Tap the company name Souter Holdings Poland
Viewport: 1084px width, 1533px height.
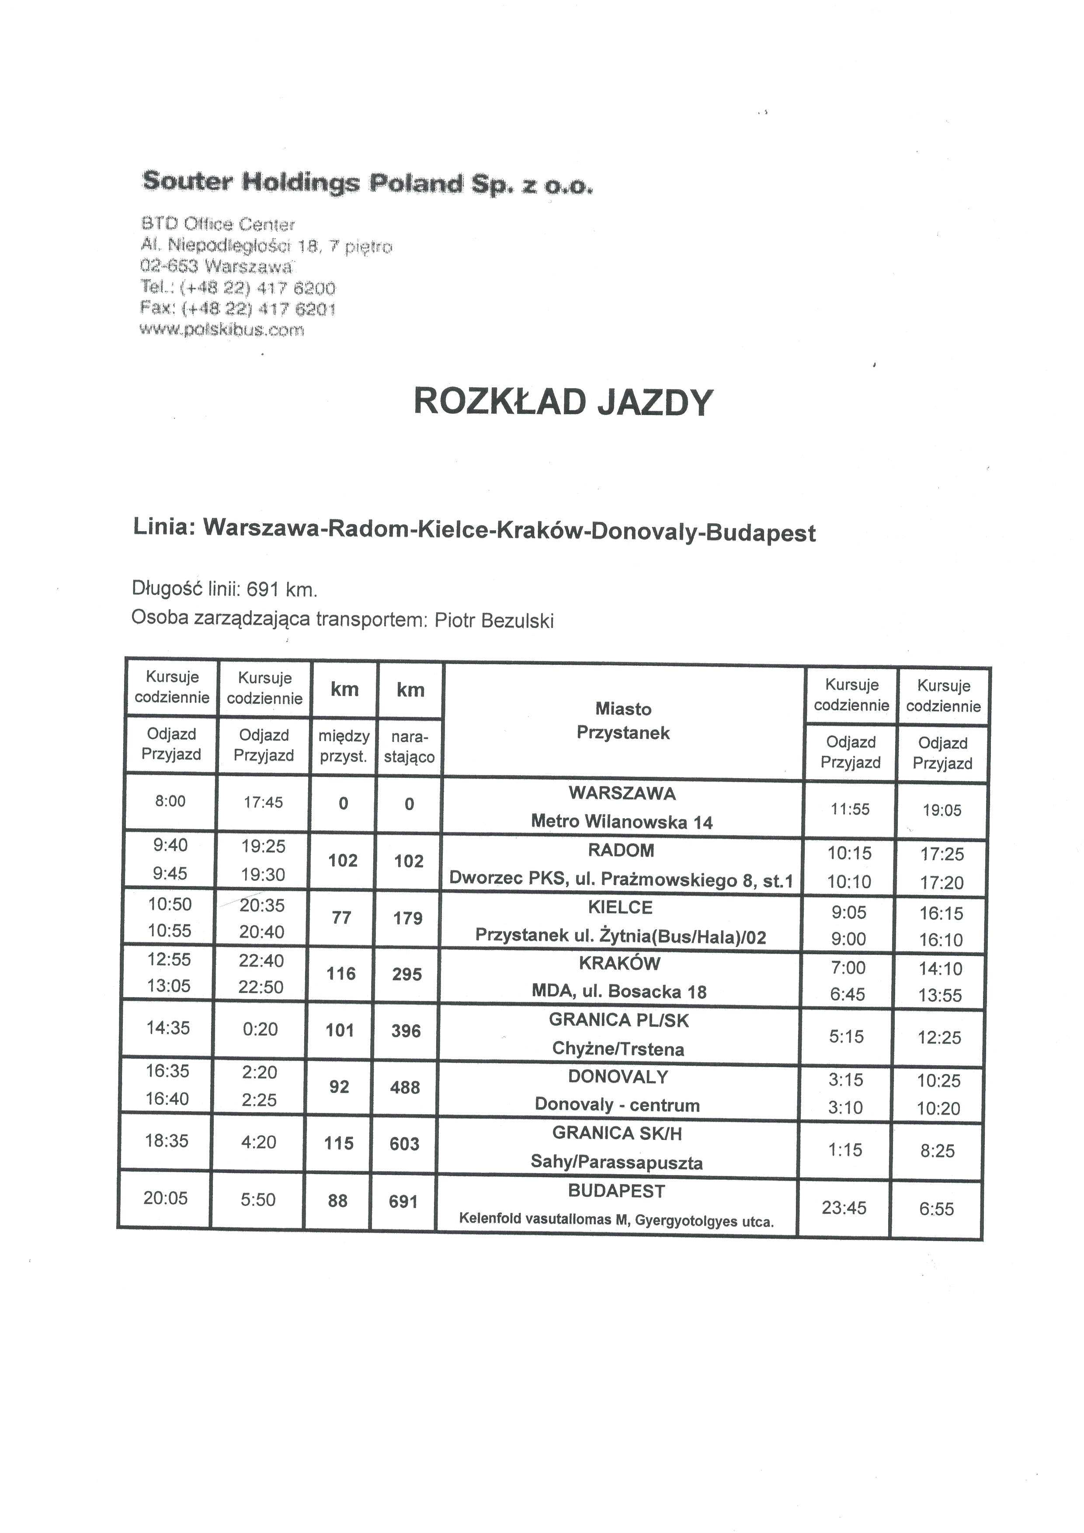(x=367, y=182)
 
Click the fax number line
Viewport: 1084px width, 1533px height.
(x=238, y=309)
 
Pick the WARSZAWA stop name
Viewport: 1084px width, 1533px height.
(x=622, y=793)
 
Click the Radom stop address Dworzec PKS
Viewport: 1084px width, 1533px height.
(x=621, y=880)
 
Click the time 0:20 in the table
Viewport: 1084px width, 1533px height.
(x=261, y=1029)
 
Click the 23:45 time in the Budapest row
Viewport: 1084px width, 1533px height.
(x=844, y=1207)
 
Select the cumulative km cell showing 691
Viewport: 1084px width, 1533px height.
(x=403, y=1201)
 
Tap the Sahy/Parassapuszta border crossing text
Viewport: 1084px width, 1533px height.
(x=617, y=1162)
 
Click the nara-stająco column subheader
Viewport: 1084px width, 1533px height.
(x=409, y=747)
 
